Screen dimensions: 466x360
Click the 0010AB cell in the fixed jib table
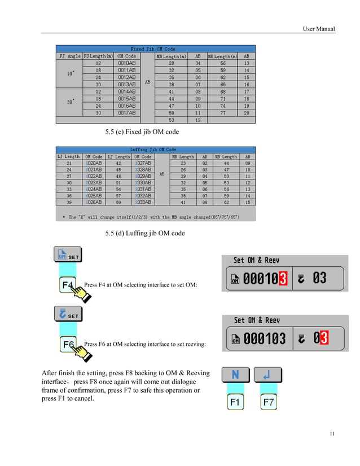(126, 63)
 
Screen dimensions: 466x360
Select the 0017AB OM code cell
(126, 113)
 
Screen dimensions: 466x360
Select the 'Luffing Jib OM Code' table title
(153, 150)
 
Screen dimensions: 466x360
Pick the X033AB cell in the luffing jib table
(143, 202)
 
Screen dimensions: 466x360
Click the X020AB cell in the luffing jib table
(93, 163)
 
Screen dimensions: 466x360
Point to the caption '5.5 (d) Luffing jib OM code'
(145, 233)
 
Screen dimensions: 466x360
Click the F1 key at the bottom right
(235, 403)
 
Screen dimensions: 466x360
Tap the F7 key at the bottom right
(269, 403)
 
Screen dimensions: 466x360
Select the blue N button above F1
(235, 375)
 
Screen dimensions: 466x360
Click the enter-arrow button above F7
(268, 375)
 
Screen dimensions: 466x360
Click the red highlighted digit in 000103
(283, 278)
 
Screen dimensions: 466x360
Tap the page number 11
(332, 433)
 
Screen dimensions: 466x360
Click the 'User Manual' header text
(318, 29)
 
